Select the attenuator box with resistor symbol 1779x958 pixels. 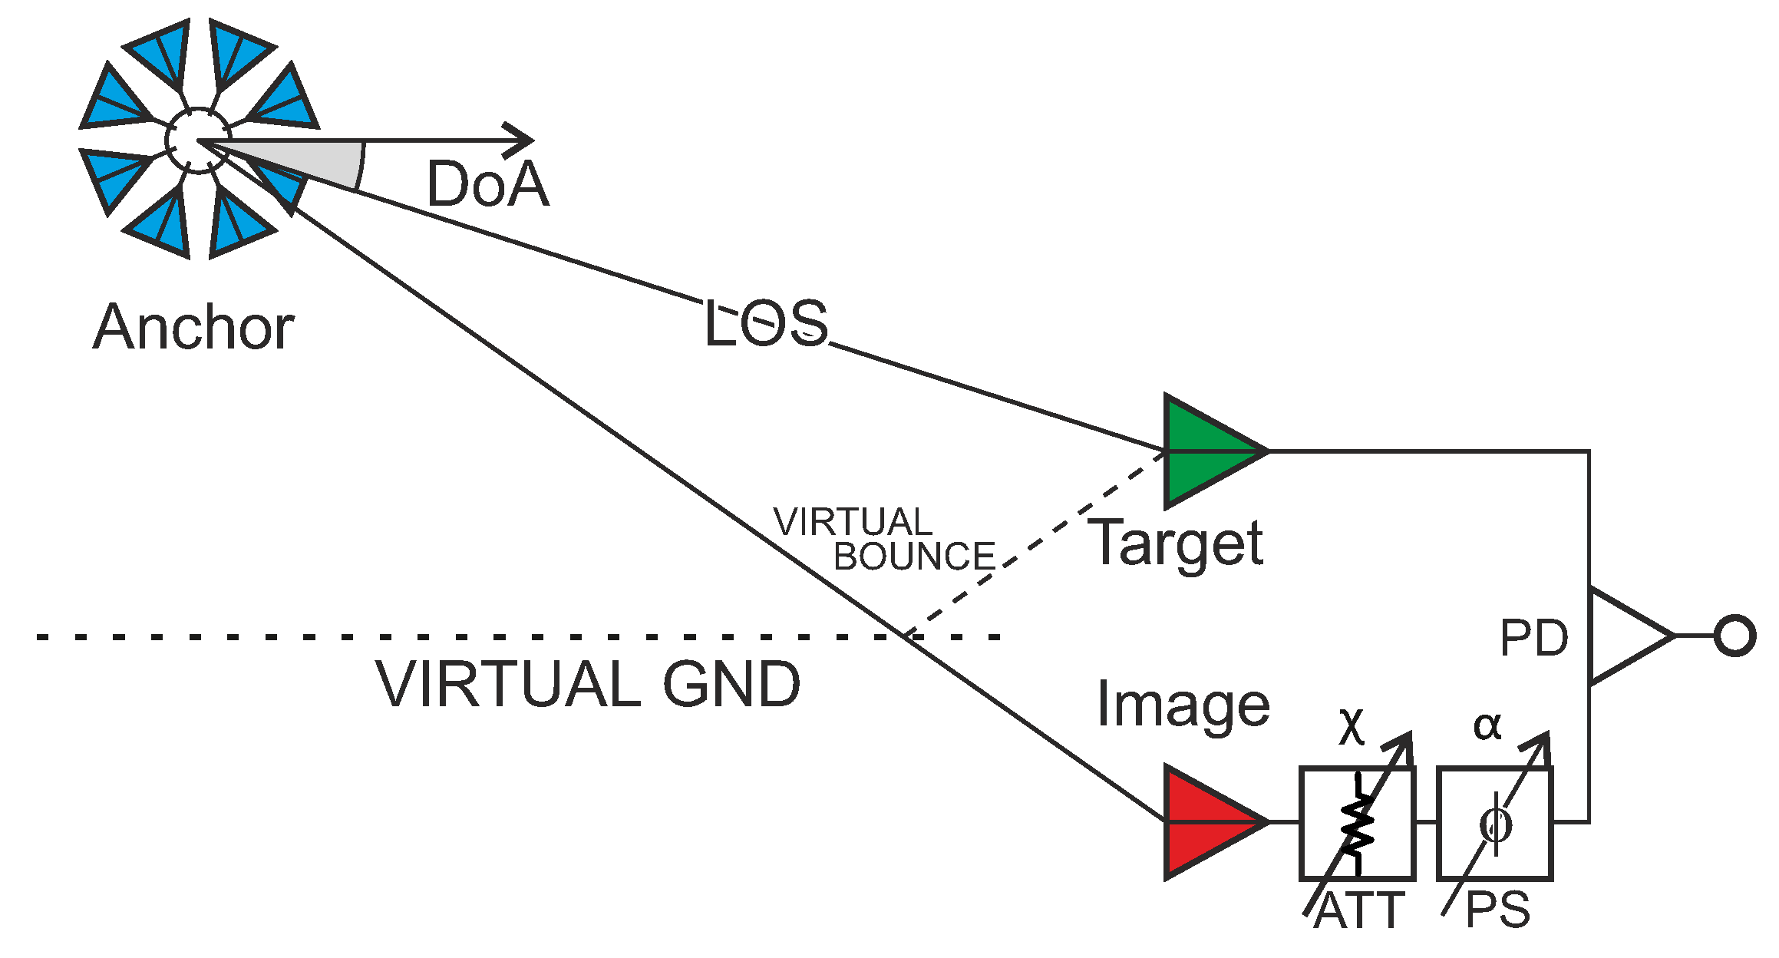[x=1357, y=823]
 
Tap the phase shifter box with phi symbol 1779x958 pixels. [x=1494, y=823]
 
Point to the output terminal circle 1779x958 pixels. [x=1734, y=636]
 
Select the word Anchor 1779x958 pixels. [x=193, y=328]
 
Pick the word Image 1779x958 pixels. [x=1183, y=705]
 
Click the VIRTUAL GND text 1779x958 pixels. [x=588, y=684]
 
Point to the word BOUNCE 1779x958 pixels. [x=914, y=557]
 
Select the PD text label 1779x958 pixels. [x=1533, y=638]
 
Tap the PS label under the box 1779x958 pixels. [x=1497, y=911]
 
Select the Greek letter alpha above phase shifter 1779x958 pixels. [x=1487, y=725]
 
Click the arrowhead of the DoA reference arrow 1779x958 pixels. [x=522, y=140]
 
